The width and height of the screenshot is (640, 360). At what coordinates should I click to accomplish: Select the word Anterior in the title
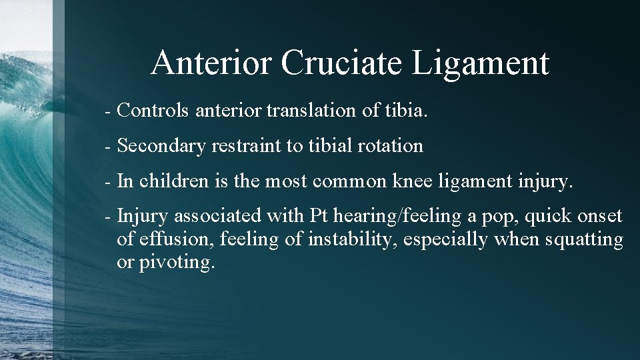coord(212,63)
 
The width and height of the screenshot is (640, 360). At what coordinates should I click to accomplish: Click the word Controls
coord(154,111)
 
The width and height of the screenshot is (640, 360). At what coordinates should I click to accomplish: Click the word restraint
coord(247,145)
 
